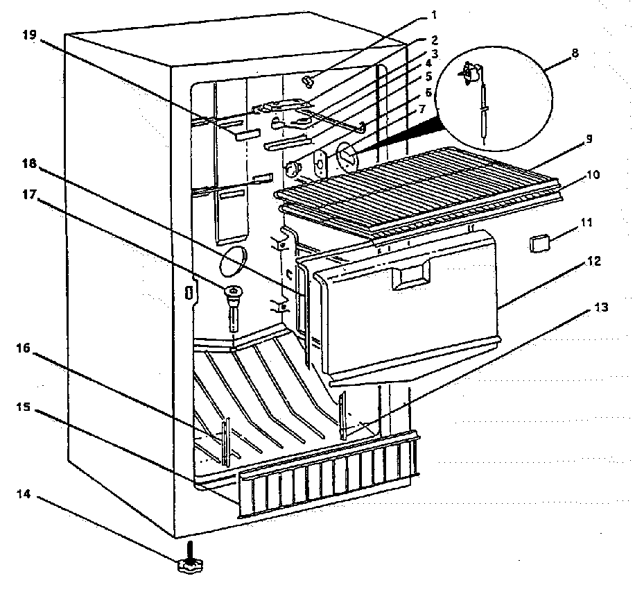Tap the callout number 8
(x=574, y=53)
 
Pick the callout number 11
(x=587, y=223)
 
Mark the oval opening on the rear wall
(x=232, y=262)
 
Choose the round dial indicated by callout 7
(x=346, y=154)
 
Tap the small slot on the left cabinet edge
(x=187, y=292)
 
